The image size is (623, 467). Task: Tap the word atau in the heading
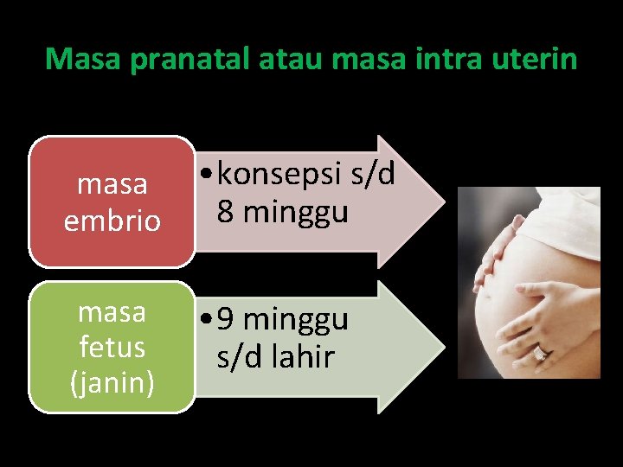[286, 59]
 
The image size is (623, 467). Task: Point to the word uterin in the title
[534, 59]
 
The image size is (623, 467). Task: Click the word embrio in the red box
[112, 221]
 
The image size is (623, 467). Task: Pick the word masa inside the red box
[112, 184]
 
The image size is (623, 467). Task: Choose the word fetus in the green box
[112, 347]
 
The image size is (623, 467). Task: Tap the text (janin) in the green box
[112, 381]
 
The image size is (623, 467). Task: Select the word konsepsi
[279, 175]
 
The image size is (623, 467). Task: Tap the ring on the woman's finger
[540, 352]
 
